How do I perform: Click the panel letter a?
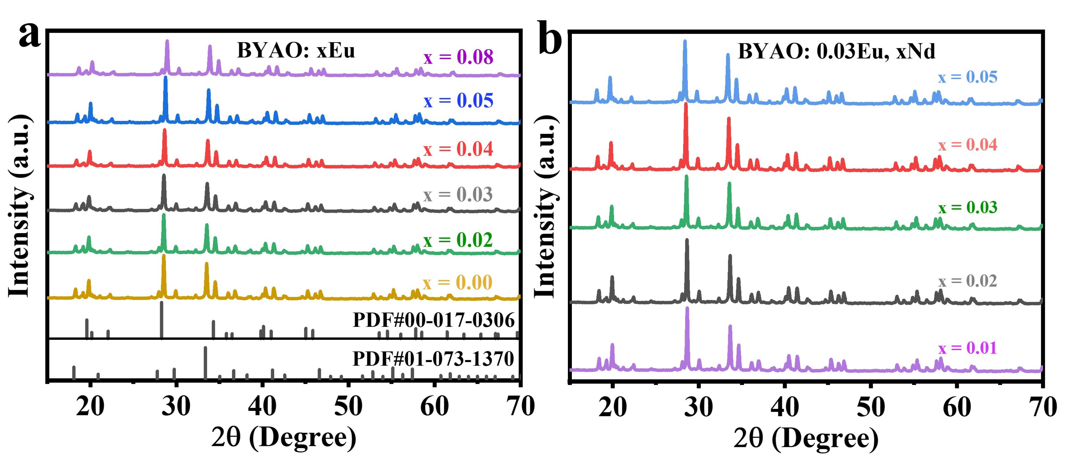(x=30, y=35)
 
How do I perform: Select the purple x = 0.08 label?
(x=458, y=57)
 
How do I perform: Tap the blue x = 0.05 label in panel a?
(x=458, y=101)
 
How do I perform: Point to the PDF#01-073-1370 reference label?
(x=433, y=358)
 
